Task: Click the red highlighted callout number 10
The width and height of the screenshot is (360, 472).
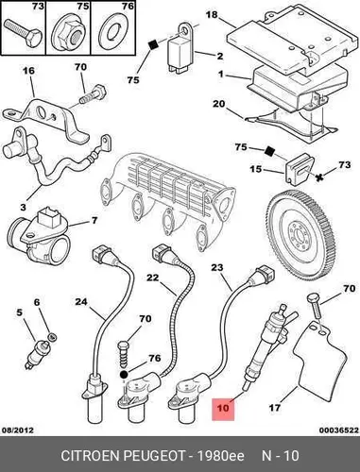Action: click(223, 409)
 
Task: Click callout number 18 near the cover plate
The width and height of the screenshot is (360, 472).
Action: click(212, 15)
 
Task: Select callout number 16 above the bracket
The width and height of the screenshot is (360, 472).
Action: click(28, 71)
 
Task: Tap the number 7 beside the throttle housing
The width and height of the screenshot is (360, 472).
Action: click(94, 221)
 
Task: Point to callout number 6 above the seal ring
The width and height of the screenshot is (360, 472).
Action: click(37, 302)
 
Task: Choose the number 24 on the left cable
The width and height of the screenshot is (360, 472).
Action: click(81, 302)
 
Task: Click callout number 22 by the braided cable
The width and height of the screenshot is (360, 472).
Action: click(153, 278)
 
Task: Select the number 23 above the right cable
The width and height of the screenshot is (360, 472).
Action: click(217, 267)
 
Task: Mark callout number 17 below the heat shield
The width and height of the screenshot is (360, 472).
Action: click(275, 408)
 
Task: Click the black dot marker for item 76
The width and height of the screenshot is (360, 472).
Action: click(124, 375)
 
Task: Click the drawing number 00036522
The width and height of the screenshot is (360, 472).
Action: click(338, 430)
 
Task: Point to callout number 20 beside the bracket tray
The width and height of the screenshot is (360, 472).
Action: click(218, 104)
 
